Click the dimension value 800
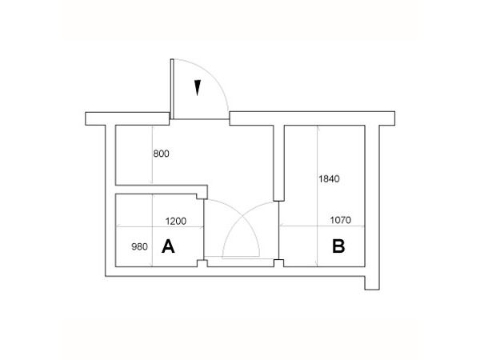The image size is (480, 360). tap(161, 154)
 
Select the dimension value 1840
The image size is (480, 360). tap(329, 178)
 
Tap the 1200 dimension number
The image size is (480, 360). tap(176, 221)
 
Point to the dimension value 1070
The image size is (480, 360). tap(341, 220)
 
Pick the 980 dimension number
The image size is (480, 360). tap(139, 246)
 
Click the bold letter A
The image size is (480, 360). tap(168, 246)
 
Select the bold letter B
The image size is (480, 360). tap(338, 246)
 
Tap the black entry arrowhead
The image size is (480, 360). tap(198, 88)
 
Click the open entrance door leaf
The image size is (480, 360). tap(172, 89)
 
